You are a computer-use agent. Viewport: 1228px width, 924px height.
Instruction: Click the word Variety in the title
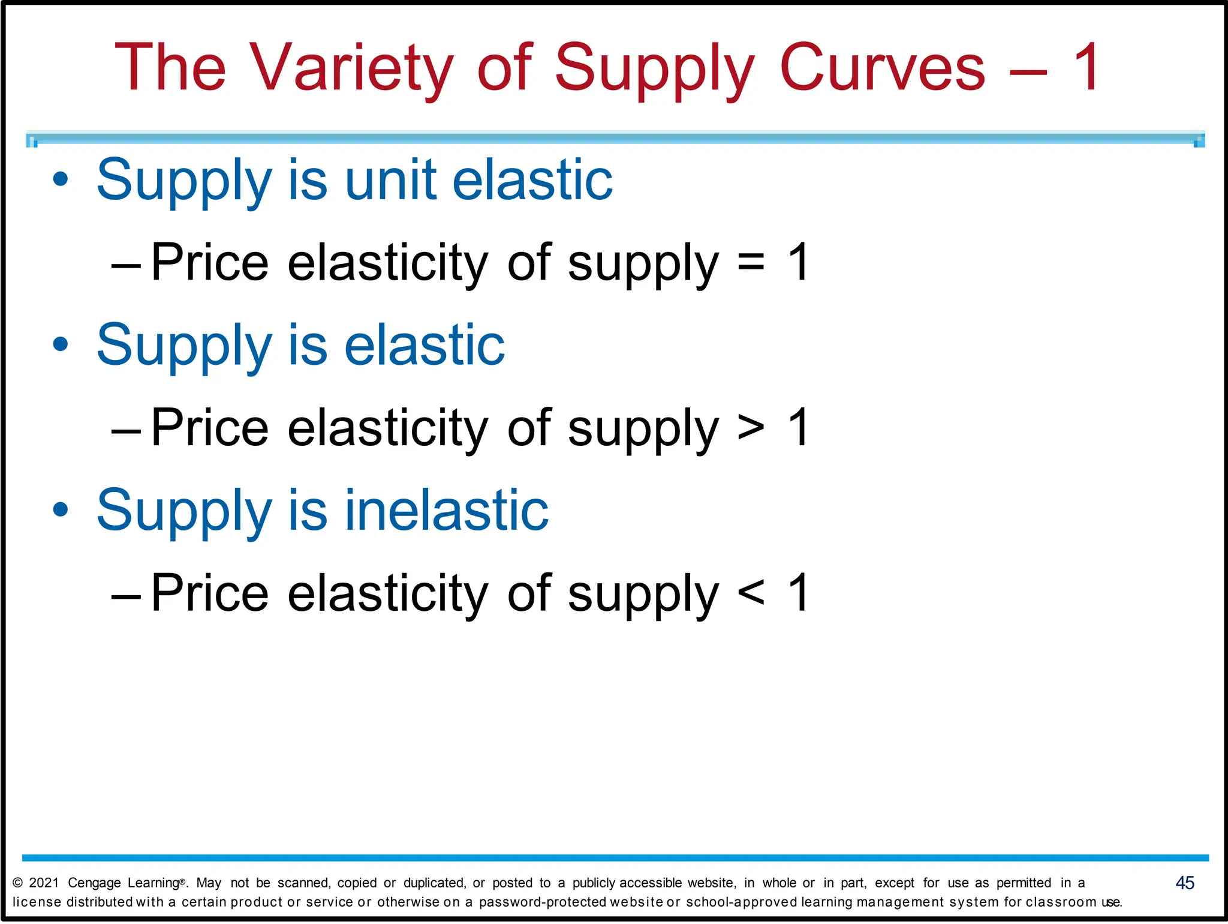(x=350, y=67)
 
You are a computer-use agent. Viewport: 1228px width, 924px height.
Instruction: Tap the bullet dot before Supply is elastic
(x=61, y=344)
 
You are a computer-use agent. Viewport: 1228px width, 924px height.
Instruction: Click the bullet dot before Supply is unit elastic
(x=61, y=179)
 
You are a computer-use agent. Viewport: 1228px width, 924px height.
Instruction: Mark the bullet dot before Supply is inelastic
(x=61, y=510)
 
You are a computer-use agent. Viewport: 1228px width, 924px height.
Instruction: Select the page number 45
(x=1185, y=883)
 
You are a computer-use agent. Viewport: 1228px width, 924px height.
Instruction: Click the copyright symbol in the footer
(x=17, y=883)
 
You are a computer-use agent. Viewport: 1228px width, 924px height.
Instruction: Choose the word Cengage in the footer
(x=94, y=883)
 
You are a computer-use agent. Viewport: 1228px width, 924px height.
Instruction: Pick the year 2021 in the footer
(x=44, y=883)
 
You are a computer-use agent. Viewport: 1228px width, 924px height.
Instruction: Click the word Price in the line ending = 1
(x=210, y=262)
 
